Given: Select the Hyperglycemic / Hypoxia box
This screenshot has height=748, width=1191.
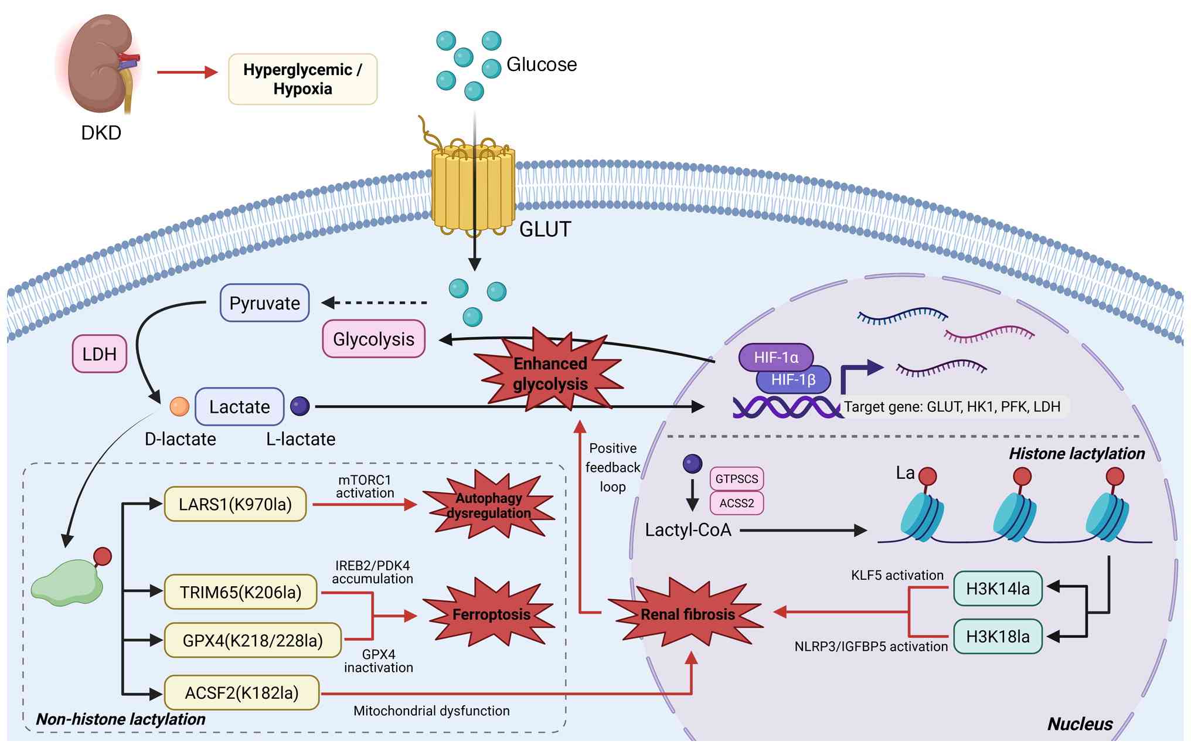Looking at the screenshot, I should pos(302,79).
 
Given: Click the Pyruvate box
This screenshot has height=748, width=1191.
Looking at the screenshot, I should pos(264,303).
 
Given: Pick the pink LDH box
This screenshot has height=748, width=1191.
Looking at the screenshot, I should pos(99,353).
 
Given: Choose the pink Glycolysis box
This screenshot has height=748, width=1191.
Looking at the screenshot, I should pos(373,339).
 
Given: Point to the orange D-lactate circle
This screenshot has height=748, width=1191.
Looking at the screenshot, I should pos(179,406).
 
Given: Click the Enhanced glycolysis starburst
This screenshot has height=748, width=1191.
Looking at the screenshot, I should pos(550,373).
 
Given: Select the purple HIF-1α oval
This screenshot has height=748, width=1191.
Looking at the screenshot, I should pos(775,357).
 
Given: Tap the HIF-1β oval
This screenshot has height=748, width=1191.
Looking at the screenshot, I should pos(794,380).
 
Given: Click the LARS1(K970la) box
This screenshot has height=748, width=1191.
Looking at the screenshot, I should pos(235,504).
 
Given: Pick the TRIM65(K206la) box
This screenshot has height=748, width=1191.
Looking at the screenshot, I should pos(240,592).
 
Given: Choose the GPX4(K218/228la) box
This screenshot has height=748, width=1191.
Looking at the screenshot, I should pos(253,640).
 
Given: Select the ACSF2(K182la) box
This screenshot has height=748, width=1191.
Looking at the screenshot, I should pos(241,693).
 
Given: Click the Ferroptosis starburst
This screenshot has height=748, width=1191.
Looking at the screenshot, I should pos(491,614).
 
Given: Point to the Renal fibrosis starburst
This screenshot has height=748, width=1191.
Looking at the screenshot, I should pos(688,614).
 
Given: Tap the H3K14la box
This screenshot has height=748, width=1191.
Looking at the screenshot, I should pos(998,589).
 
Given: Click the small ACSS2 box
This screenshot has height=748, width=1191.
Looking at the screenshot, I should pos(737,503).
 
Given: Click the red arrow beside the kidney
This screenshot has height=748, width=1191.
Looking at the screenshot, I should pos(187,72).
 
